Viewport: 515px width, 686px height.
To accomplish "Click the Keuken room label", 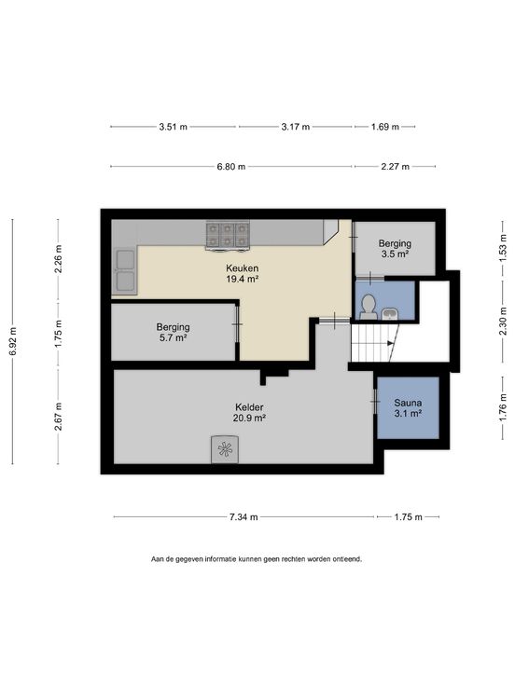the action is pyautogui.click(x=242, y=273).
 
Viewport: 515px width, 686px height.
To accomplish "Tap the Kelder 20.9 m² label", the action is pyautogui.click(x=249, y=412).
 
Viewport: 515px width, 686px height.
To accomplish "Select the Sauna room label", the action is pyautogui.click(x=408, y=407).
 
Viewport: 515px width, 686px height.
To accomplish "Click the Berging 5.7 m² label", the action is pyautogui.click(x=173, y=332).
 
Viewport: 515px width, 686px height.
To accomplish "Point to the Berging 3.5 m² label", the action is pyautogui.click(x=395, y=248).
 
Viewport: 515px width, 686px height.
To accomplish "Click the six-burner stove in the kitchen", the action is pyautogui.click(x=228, y=236).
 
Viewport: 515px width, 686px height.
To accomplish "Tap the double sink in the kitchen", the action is pyautogui.click(x=125, y=271).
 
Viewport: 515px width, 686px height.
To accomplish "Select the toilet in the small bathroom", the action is pyautogui.click(x=369, y=307).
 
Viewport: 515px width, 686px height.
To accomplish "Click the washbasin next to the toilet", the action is pyautogui.click(x=390, y=314).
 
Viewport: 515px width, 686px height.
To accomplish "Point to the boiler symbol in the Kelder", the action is pyautogui.click(x=225, y=449).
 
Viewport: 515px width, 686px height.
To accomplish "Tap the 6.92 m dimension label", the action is pyautogui.click(x=13, y=342).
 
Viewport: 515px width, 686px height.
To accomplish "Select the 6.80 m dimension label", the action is pyautogui.click(x=231, y=166).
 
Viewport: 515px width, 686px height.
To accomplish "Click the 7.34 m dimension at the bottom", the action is pyautogui.click(x=244, y=516).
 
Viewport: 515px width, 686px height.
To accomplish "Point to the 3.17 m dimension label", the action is pyautogui.click(x=295, y=127).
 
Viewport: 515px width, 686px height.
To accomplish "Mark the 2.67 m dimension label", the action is pyautogui.click(x=58, y=416).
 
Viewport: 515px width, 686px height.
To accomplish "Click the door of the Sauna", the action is pyautogui.click(x=375, y=401).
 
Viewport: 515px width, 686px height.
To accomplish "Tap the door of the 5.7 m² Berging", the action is pyautogui.click(x=237, y=323).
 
